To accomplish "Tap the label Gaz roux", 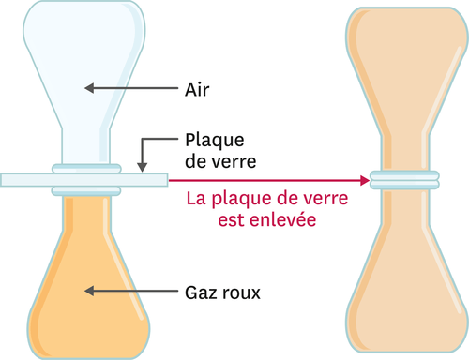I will click(x=221, y=292).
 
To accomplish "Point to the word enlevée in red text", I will click(x=279, y=221).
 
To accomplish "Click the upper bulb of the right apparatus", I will click(x=404, y=56).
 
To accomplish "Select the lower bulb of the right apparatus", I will click(x=404, y=291).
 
